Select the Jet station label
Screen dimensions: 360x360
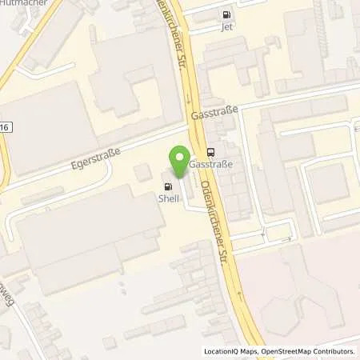pyautogui.click(x=227, y=26)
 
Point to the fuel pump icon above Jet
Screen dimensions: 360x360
pyautogui.click(x=227, y=14)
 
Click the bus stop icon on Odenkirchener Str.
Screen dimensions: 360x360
pyautogui.click(x=210, y=152)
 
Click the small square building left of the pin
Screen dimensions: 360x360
pyautogui.click(x=142, y=172)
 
